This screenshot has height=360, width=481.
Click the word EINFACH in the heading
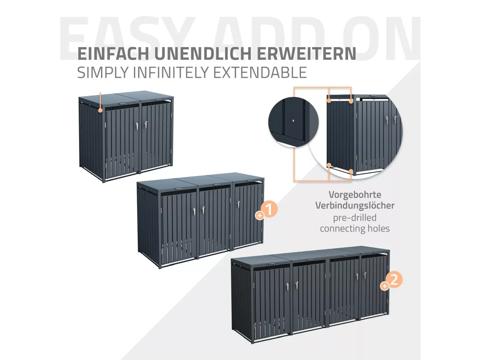113,54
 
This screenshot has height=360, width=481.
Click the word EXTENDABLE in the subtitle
260,73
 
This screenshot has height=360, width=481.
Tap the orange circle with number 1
270,209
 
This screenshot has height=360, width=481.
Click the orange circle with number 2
394,280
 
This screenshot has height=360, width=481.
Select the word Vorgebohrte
355,194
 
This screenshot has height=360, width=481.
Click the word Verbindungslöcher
355,206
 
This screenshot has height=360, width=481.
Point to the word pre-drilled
355,218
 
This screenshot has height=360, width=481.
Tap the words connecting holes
355,228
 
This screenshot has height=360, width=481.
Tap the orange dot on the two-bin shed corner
100,110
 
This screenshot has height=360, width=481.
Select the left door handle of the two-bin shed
137,125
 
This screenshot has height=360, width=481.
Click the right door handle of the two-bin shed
144,125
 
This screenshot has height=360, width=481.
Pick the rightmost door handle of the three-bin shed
238,204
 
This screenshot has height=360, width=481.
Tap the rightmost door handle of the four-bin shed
365,275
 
